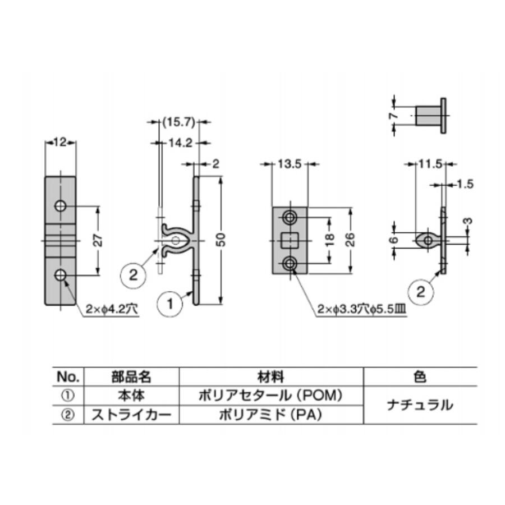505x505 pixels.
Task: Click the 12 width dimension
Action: click(60, 142)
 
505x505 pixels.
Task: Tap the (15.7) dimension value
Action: click(179, 122)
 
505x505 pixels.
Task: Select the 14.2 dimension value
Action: click(181, 143)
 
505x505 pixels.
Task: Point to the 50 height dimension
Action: click(222, 240)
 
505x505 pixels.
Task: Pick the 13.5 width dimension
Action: click(290, 164)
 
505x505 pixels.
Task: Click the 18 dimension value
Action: click(330, 240)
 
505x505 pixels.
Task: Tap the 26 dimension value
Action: click(350, 239)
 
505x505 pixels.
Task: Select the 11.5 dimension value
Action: click(430, 164)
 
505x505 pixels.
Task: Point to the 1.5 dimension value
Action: click(465, 184)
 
